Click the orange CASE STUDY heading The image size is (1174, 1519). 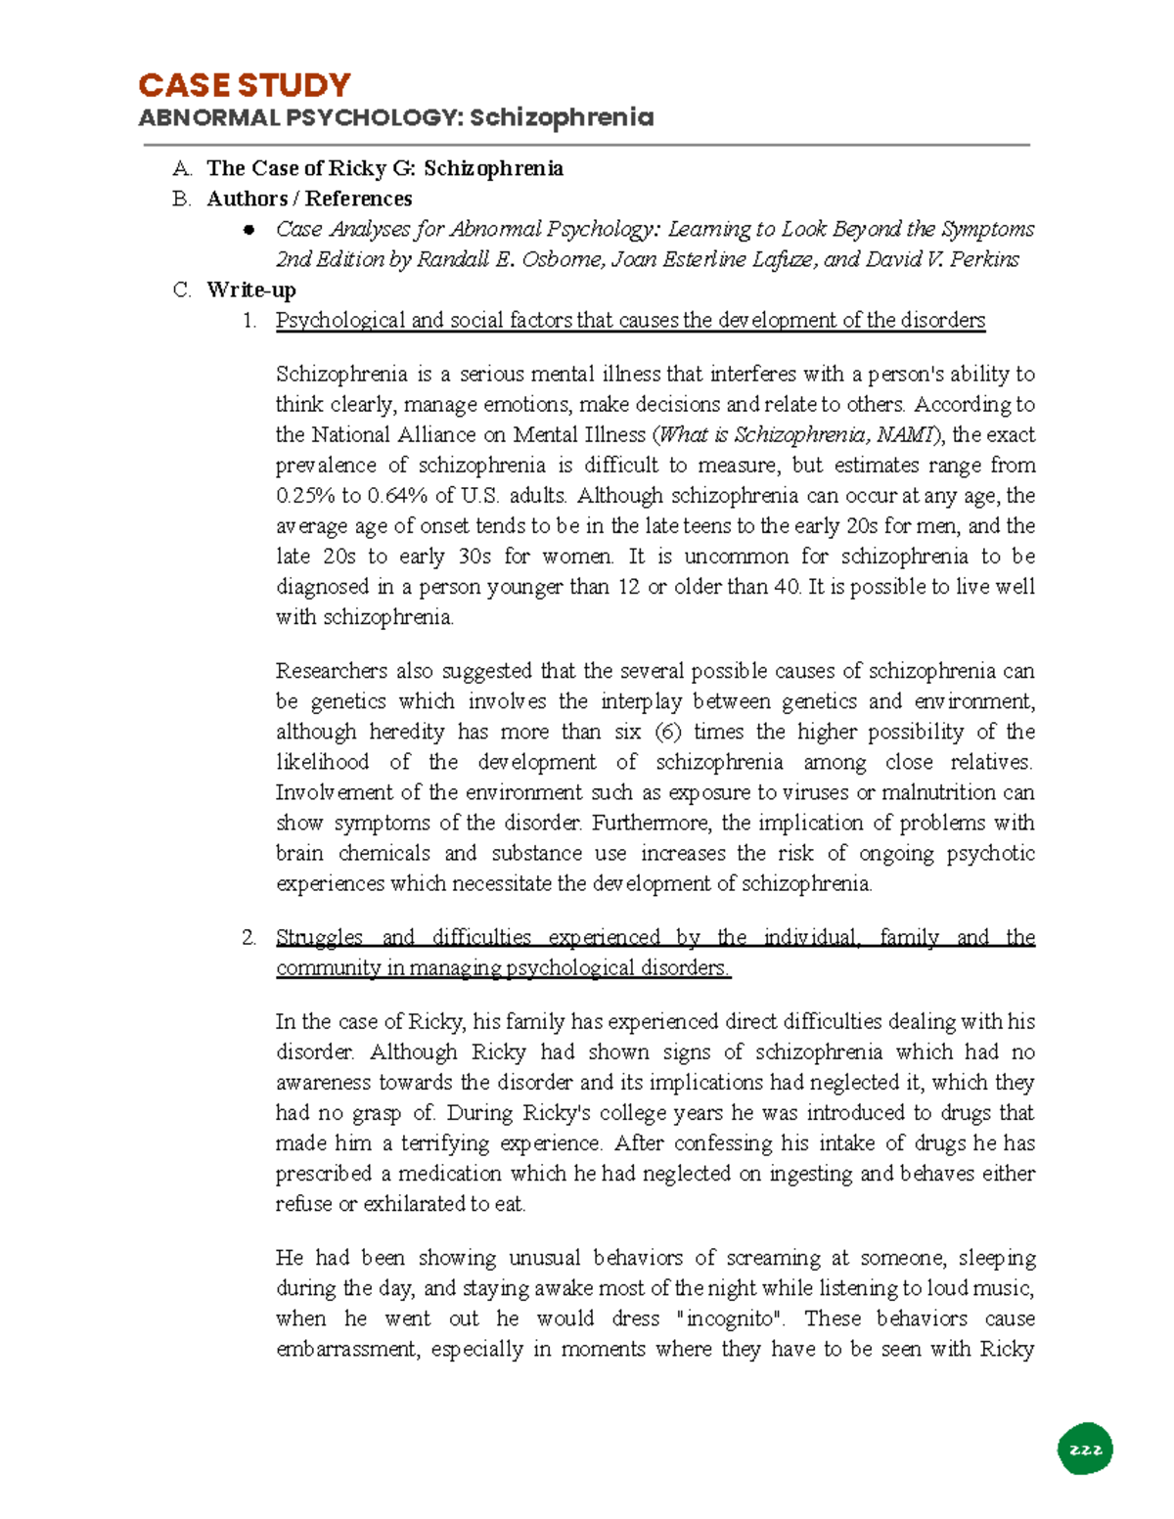pos(244,85)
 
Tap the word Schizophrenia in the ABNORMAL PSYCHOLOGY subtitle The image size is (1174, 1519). pos(561,118)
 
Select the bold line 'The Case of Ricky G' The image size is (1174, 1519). pos(384,168)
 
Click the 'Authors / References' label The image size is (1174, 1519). pos(309,199)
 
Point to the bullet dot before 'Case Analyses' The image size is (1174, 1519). pos(249,230)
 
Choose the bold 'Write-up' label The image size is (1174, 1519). pos(251,290)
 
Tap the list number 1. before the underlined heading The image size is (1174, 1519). pos(249,320)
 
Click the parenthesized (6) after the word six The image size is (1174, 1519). pos(667,732)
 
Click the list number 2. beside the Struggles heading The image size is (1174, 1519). pos(248,937)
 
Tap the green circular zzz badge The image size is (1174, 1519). pos(1085,1450)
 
